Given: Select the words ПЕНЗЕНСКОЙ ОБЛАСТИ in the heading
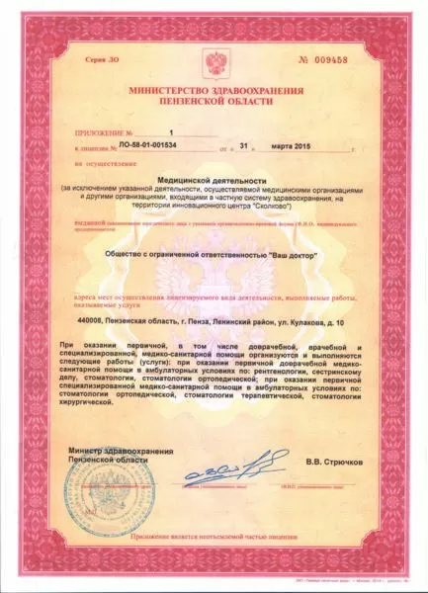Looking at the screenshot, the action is tap(214, 104).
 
